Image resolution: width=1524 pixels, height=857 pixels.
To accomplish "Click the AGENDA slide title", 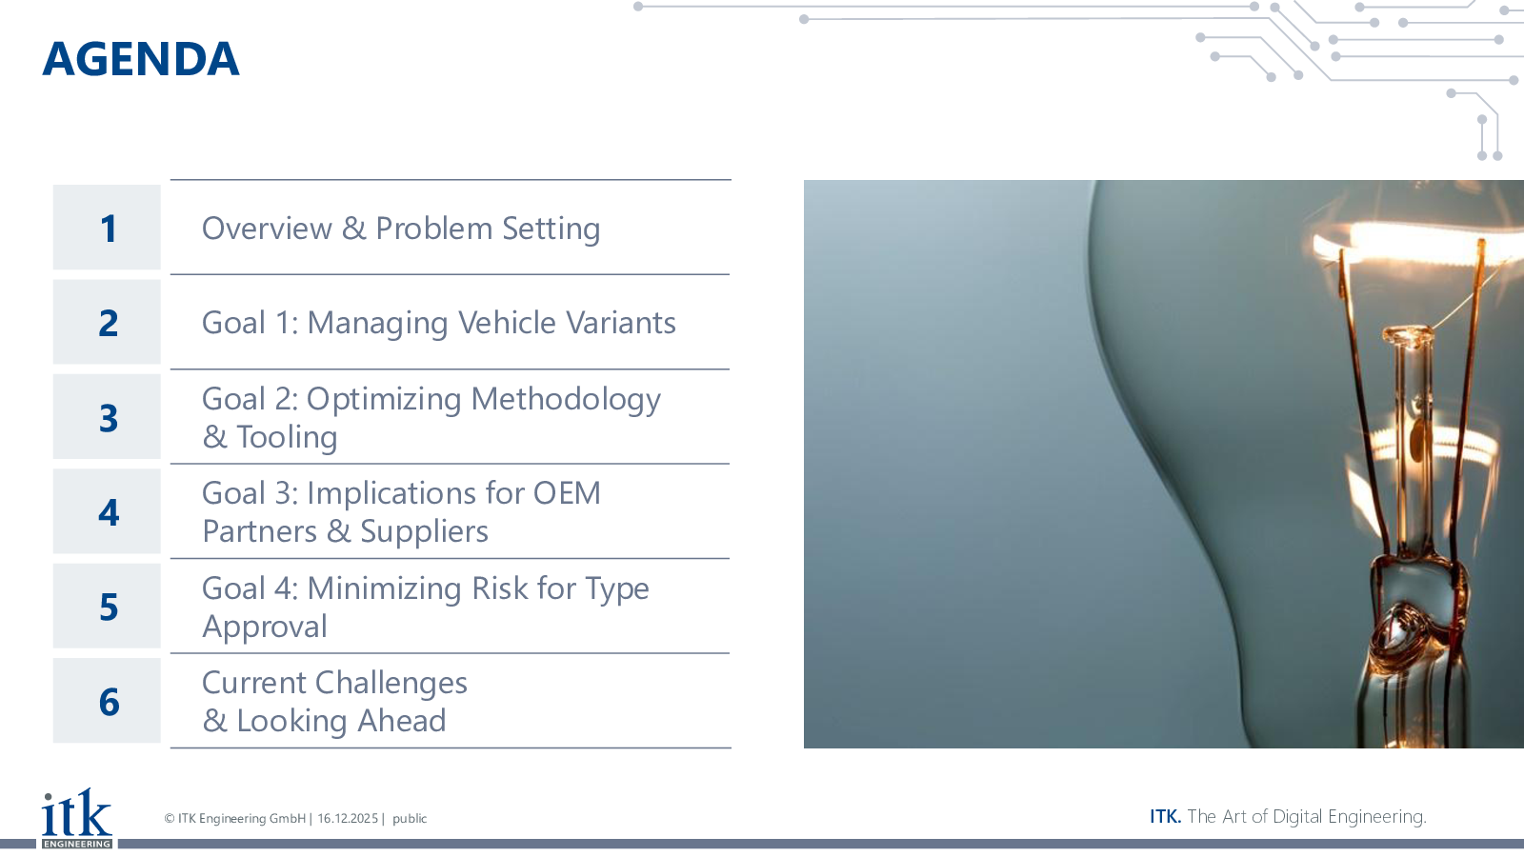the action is (141, 58).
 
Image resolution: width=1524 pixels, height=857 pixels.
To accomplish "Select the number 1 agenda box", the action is (107, 228).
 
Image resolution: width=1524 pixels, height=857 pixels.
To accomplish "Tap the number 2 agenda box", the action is (107, 322).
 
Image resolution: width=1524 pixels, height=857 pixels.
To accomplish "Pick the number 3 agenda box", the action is (107, 416).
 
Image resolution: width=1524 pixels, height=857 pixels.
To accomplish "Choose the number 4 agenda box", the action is (107, 510).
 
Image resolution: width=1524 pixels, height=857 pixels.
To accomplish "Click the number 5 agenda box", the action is (107, 606).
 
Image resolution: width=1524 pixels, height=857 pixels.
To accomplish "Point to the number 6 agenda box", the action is (107, 700).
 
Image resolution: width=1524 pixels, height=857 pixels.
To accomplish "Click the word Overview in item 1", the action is (267, 228).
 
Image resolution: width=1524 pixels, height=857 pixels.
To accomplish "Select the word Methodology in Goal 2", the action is (566, 400).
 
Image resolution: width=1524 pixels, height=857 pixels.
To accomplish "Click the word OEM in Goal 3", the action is (567, 493).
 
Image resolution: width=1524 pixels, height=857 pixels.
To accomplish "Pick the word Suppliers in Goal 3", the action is (424, 532).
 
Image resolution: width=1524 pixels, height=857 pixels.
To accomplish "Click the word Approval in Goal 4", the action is (265, 628).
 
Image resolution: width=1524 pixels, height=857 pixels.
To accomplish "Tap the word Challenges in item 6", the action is (391, 683).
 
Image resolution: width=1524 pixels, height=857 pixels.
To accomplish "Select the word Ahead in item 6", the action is (401, 721).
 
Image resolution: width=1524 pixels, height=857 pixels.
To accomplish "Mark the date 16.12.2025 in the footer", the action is (348, 818).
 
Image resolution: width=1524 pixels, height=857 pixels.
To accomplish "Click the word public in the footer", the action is (410, 819).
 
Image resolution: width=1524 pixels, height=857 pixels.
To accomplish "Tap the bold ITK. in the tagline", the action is (1165, 816).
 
